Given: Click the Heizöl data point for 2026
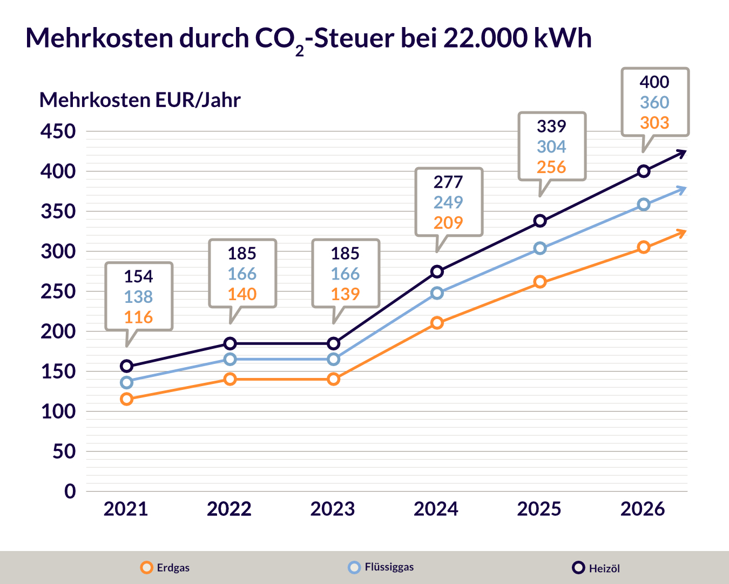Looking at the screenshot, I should point(643,171).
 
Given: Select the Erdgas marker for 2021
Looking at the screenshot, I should point(127,399).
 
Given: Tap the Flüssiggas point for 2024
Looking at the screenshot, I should point(437,293).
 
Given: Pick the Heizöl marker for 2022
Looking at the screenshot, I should point(230,343).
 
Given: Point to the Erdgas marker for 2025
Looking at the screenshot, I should point(540,282).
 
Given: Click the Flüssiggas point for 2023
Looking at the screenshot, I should point(334,360).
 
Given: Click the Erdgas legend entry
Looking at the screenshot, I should point(165,568).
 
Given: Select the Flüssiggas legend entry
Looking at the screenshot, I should point(381,567).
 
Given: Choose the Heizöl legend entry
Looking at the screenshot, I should point(596,568).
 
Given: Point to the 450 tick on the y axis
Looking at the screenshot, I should point(58,131).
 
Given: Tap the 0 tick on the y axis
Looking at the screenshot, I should point(70,491).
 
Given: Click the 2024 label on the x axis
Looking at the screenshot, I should point(436,509).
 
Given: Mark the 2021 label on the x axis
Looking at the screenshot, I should point(126,509).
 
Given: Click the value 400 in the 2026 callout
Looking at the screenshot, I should point(654,82).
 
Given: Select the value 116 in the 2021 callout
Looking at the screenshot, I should point(138,317).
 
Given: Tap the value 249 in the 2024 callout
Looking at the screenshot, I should point(448,202).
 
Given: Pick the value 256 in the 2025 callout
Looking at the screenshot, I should point(551,167).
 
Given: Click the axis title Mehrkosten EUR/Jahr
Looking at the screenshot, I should point(140,100).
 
